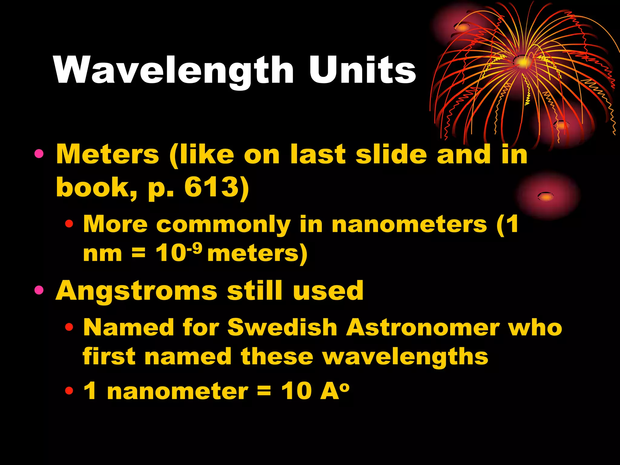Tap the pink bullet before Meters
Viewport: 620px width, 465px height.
click(39, 154)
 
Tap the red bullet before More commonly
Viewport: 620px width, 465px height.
click(69, 224)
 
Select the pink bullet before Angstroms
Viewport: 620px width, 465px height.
click(39, 290)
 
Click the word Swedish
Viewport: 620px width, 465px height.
click(282, 328)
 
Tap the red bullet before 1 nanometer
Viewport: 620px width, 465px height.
click(69, 391)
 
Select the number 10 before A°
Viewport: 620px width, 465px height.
click(296, 391)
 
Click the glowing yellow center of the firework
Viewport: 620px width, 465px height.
click(523, 62)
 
